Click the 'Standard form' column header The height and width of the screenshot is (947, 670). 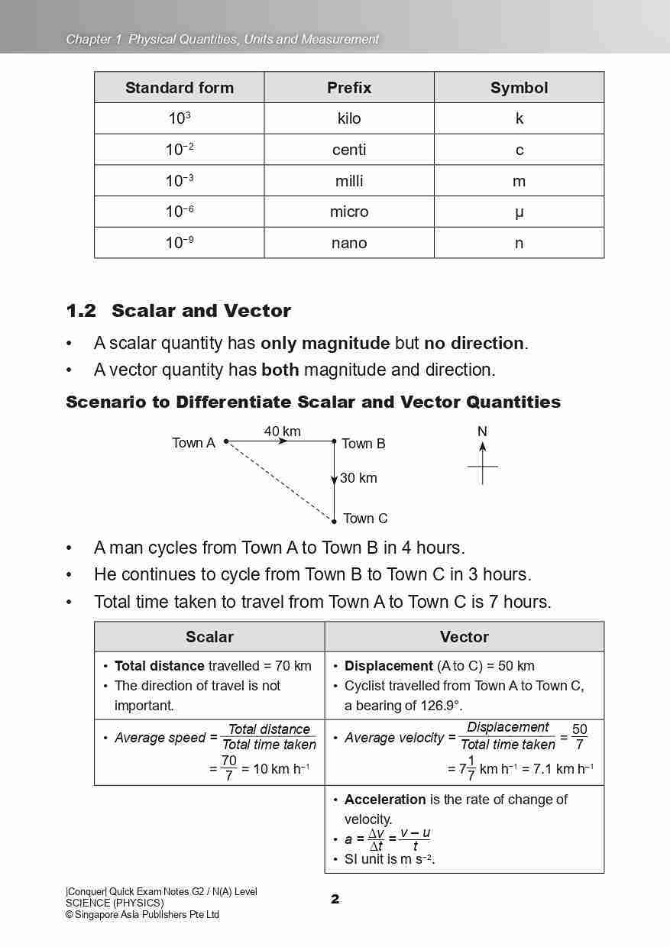(180, 88)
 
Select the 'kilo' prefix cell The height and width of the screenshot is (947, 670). (349, 118)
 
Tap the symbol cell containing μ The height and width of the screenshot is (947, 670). (519, 212)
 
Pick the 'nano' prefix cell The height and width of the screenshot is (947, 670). (349, 243)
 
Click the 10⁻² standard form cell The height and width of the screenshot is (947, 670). (180, 150)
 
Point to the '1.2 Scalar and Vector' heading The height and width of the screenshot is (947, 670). (179, 311)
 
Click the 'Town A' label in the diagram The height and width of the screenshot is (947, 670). (193, 443)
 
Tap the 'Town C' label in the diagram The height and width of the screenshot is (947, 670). (365, 519)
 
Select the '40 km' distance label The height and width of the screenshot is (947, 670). (283, 431)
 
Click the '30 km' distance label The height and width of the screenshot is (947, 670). (358, 478)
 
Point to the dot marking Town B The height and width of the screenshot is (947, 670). (334, 441)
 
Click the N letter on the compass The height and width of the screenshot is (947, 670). (482, 431)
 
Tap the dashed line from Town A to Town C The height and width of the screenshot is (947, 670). (280, 481)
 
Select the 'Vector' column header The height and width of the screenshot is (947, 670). (464, 637)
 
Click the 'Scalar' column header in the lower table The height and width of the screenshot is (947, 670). (209, 637)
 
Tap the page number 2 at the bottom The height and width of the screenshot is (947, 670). (335, 899)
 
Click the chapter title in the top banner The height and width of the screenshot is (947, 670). (222, 39)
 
